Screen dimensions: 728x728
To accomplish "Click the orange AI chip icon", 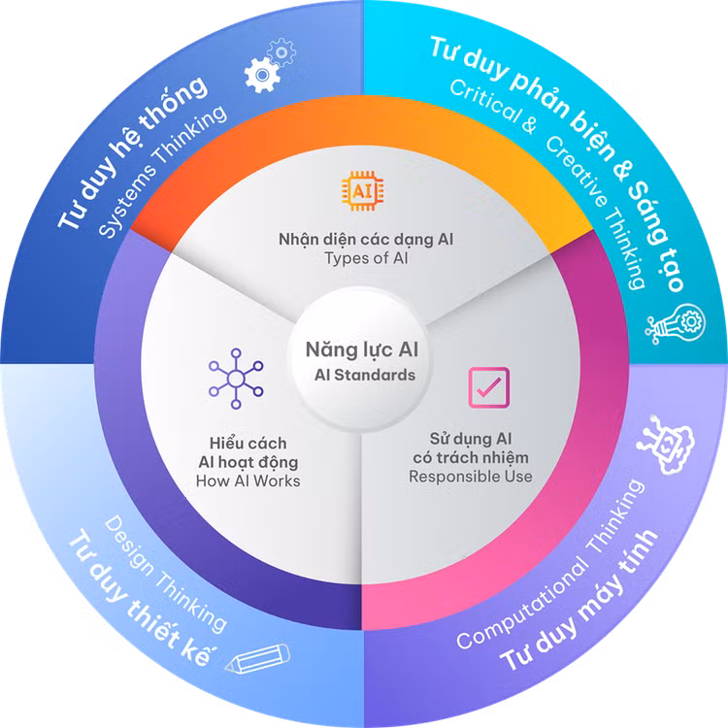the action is point(363,191).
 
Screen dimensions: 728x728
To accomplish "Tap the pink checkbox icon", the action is point(488,387).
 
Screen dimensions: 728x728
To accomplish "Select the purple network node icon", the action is point(236,379).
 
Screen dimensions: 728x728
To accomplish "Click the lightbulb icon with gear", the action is point(676,323).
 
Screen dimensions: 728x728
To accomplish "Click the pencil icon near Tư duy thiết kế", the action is point(258,657).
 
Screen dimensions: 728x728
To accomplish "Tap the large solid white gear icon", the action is point(262,75).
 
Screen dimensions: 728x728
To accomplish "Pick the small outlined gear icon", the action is point(281,52).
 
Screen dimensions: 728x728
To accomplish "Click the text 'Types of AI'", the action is point(366,258).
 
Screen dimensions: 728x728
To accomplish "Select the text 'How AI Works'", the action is point(248,481).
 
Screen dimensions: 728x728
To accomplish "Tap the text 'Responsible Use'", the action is point(471,477).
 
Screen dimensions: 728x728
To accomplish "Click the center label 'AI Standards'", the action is point(365,375).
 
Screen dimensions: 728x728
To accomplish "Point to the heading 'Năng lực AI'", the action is point(362,350).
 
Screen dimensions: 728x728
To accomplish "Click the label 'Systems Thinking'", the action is point(163,171).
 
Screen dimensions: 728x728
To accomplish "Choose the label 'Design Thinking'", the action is point(165,575).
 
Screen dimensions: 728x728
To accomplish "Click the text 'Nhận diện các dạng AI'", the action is point(366,240).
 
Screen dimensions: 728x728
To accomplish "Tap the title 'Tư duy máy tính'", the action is point(579,600).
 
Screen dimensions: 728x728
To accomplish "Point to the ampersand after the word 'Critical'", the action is point(529,124).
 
